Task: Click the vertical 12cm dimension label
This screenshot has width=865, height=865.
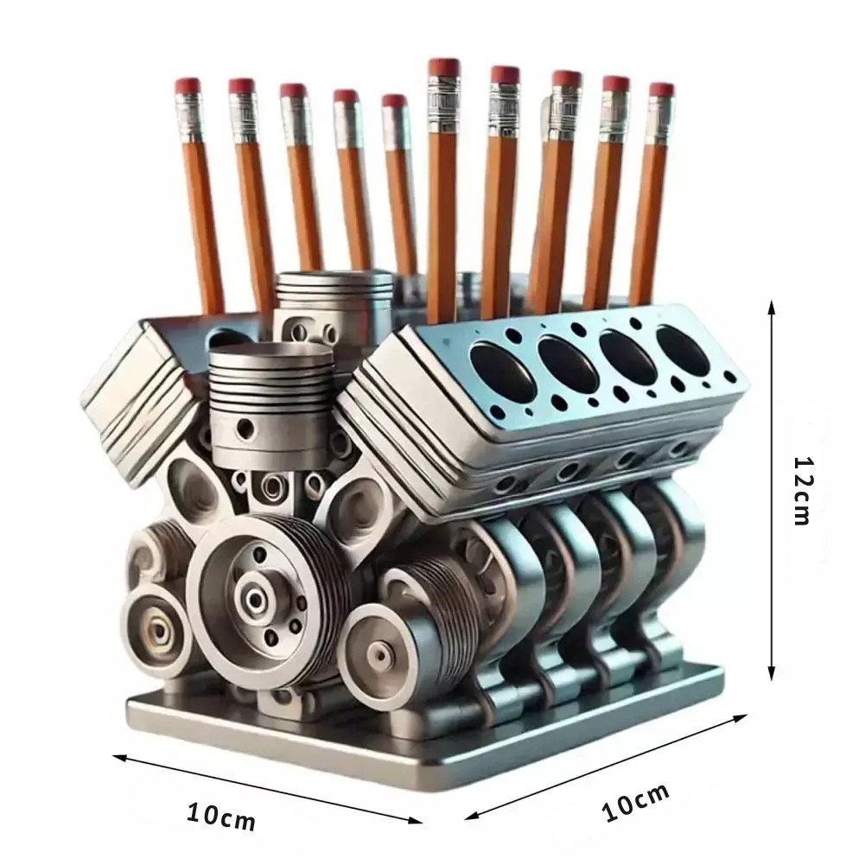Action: tap(802, 491)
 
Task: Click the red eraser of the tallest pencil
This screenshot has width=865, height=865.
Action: tap(443, 67)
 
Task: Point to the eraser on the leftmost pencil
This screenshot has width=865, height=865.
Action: tap(188, 86)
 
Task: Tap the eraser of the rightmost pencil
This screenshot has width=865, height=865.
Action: tap(661, 91)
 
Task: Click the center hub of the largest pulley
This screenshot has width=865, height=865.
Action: tap(256, 598)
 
